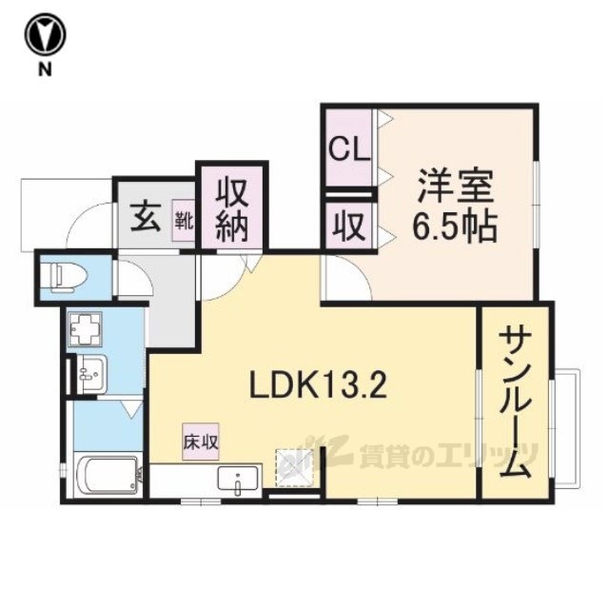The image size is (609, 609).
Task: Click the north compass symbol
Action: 46,34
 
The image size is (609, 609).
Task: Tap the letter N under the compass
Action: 45,69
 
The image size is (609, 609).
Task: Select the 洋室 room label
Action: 455,187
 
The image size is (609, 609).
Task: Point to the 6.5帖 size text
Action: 455,226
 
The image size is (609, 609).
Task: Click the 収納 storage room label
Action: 232,210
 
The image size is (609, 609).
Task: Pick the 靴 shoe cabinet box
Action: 184,220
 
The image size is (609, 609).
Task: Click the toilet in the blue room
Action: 68,277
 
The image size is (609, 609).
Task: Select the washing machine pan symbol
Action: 85,329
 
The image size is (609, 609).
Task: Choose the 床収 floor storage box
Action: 201,442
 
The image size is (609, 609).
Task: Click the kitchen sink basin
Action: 238,480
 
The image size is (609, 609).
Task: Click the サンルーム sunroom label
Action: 515,404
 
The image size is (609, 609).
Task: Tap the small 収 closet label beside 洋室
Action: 349,226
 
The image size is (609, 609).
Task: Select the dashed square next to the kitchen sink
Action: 294,467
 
